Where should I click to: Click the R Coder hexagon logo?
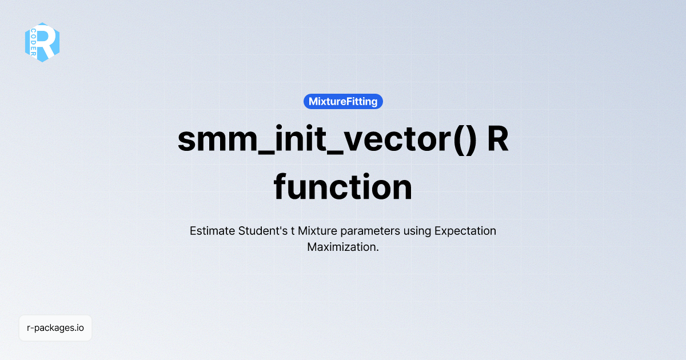(x=42, y=42)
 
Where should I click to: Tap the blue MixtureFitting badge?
(x=343, y=102)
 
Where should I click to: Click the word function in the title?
(x=343, y=187)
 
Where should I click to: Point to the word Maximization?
(x=342, y=247)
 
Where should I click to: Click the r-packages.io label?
(x=55, y=328)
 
